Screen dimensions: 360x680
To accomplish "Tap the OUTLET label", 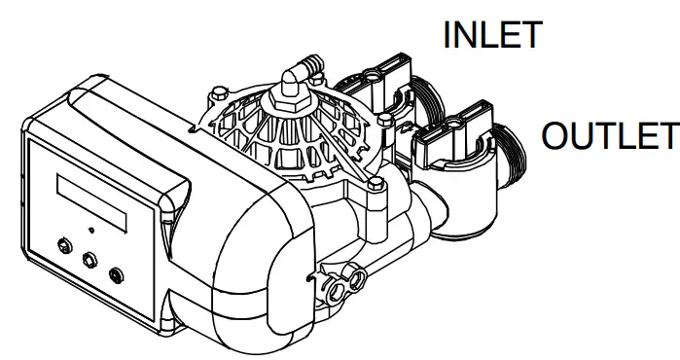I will point(608,136).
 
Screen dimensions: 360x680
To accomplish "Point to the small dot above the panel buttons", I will point(90,231).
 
